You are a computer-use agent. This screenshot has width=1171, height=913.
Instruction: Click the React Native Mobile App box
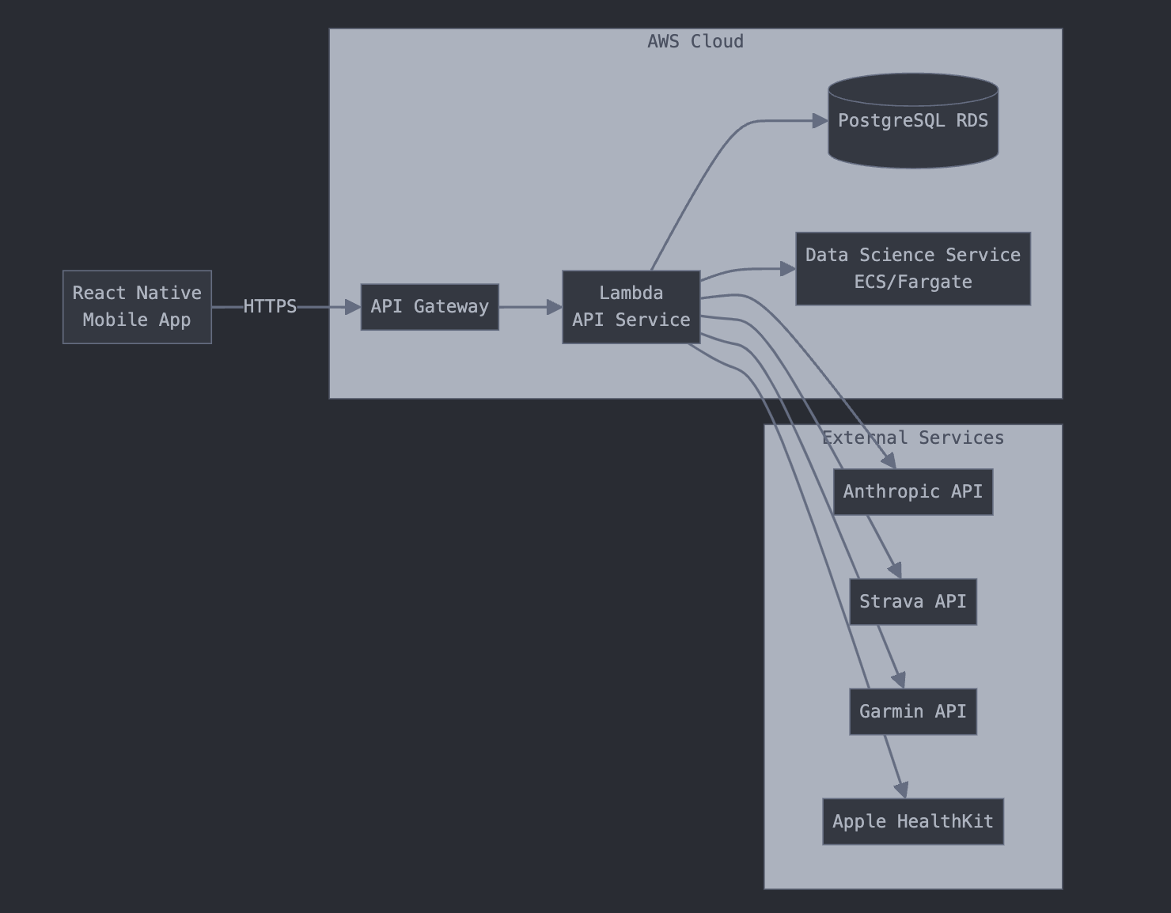coord(137,307)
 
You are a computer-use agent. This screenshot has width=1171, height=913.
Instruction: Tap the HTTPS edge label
coord(270,307)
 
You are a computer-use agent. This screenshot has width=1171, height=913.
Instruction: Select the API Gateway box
coord(430,307)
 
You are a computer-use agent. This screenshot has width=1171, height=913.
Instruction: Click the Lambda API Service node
coord(631,307)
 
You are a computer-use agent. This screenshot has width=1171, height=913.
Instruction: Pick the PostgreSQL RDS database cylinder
coord(912,121)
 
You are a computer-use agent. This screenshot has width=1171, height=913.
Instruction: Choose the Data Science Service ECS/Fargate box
coord(912,269)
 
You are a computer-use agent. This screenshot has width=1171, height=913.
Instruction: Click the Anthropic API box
coord(912,492)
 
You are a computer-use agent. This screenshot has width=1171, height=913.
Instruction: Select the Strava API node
coord(912,602)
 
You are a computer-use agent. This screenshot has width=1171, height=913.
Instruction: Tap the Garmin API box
coord(912,712)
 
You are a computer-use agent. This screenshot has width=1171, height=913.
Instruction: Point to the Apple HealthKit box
coord(912,822)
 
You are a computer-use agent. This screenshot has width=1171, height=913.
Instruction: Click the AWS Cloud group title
coord(695,42)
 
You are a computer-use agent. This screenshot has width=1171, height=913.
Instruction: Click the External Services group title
coord(912,438)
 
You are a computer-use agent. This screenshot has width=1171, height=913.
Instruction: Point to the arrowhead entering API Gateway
coord(353,307)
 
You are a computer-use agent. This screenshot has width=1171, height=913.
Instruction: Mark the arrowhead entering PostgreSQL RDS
coord(820,121)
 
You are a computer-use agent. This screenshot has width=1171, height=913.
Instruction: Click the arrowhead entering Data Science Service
coord(787,269)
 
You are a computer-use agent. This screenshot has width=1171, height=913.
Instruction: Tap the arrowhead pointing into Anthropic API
coord(889,460)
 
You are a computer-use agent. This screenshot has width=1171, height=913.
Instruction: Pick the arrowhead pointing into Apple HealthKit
coord(901,790)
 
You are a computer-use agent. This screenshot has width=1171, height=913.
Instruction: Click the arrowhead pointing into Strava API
coord(895,570)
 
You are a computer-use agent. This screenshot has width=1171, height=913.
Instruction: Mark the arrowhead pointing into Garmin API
coord(898,680)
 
